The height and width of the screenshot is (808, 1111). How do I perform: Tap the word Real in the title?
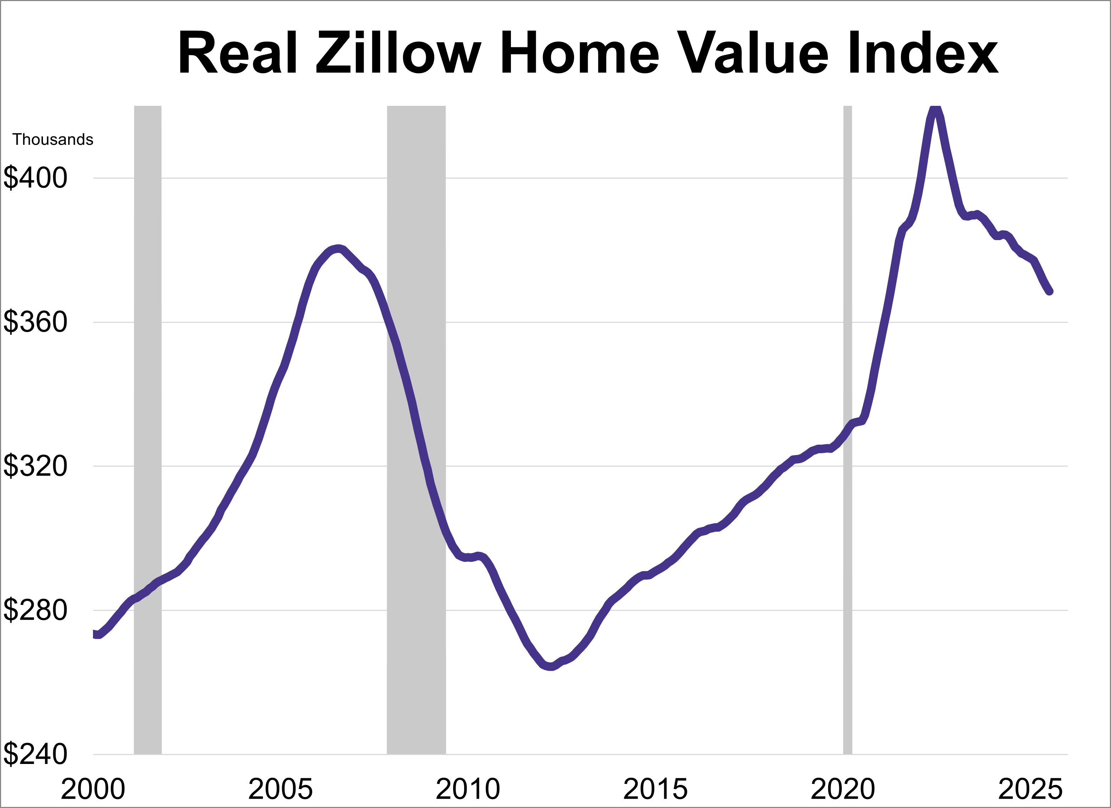pyautogui.click(x=238, y=53)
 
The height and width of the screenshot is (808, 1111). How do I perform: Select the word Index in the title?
pyautogui.click(x=923, y=53)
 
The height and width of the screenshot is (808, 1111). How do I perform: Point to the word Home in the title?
pyautogui.click(x=580, y=53)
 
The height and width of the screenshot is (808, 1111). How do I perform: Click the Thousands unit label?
pyautogui.click(x=53, y=140)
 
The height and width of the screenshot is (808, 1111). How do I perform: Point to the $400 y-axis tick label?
pyautogui.click(x=35, y=178)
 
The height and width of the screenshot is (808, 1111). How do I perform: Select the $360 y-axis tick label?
pyautogui.click(x=35, y=322)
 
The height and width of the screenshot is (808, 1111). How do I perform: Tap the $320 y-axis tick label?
pyautogui.click(x=35, y=466)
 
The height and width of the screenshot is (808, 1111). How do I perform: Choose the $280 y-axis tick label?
pyautogui.click(x=35, y=611)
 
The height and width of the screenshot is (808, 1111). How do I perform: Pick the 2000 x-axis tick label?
pyautogui.click(x=93, y=790)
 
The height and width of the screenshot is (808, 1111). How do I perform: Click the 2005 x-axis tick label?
pyautogui.click(x=280, y=790)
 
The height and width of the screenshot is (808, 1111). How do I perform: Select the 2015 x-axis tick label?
pyautogui.click(x=655, y=790)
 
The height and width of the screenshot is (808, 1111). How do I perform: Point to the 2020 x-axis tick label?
pyautogui.click(x=843, y=790)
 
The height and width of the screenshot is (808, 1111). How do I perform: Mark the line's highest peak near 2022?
pyautogui.click(x=935, y=109)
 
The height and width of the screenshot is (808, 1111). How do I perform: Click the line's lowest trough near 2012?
pyautogui.click(x=551, y=666)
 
